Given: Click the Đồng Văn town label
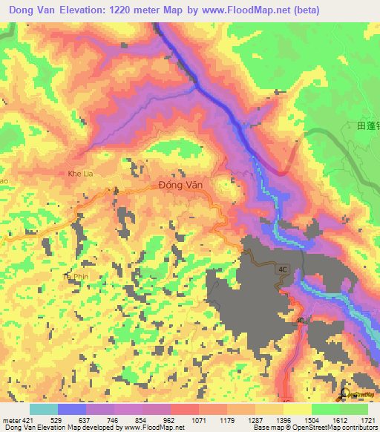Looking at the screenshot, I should (181, 186).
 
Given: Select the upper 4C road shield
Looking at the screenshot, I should (282, 269).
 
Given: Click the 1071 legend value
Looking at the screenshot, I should (198, 421).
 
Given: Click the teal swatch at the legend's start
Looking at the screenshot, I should (44, 409).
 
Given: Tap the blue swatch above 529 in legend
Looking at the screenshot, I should (72, 409).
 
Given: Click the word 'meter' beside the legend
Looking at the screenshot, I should (11, 421).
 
